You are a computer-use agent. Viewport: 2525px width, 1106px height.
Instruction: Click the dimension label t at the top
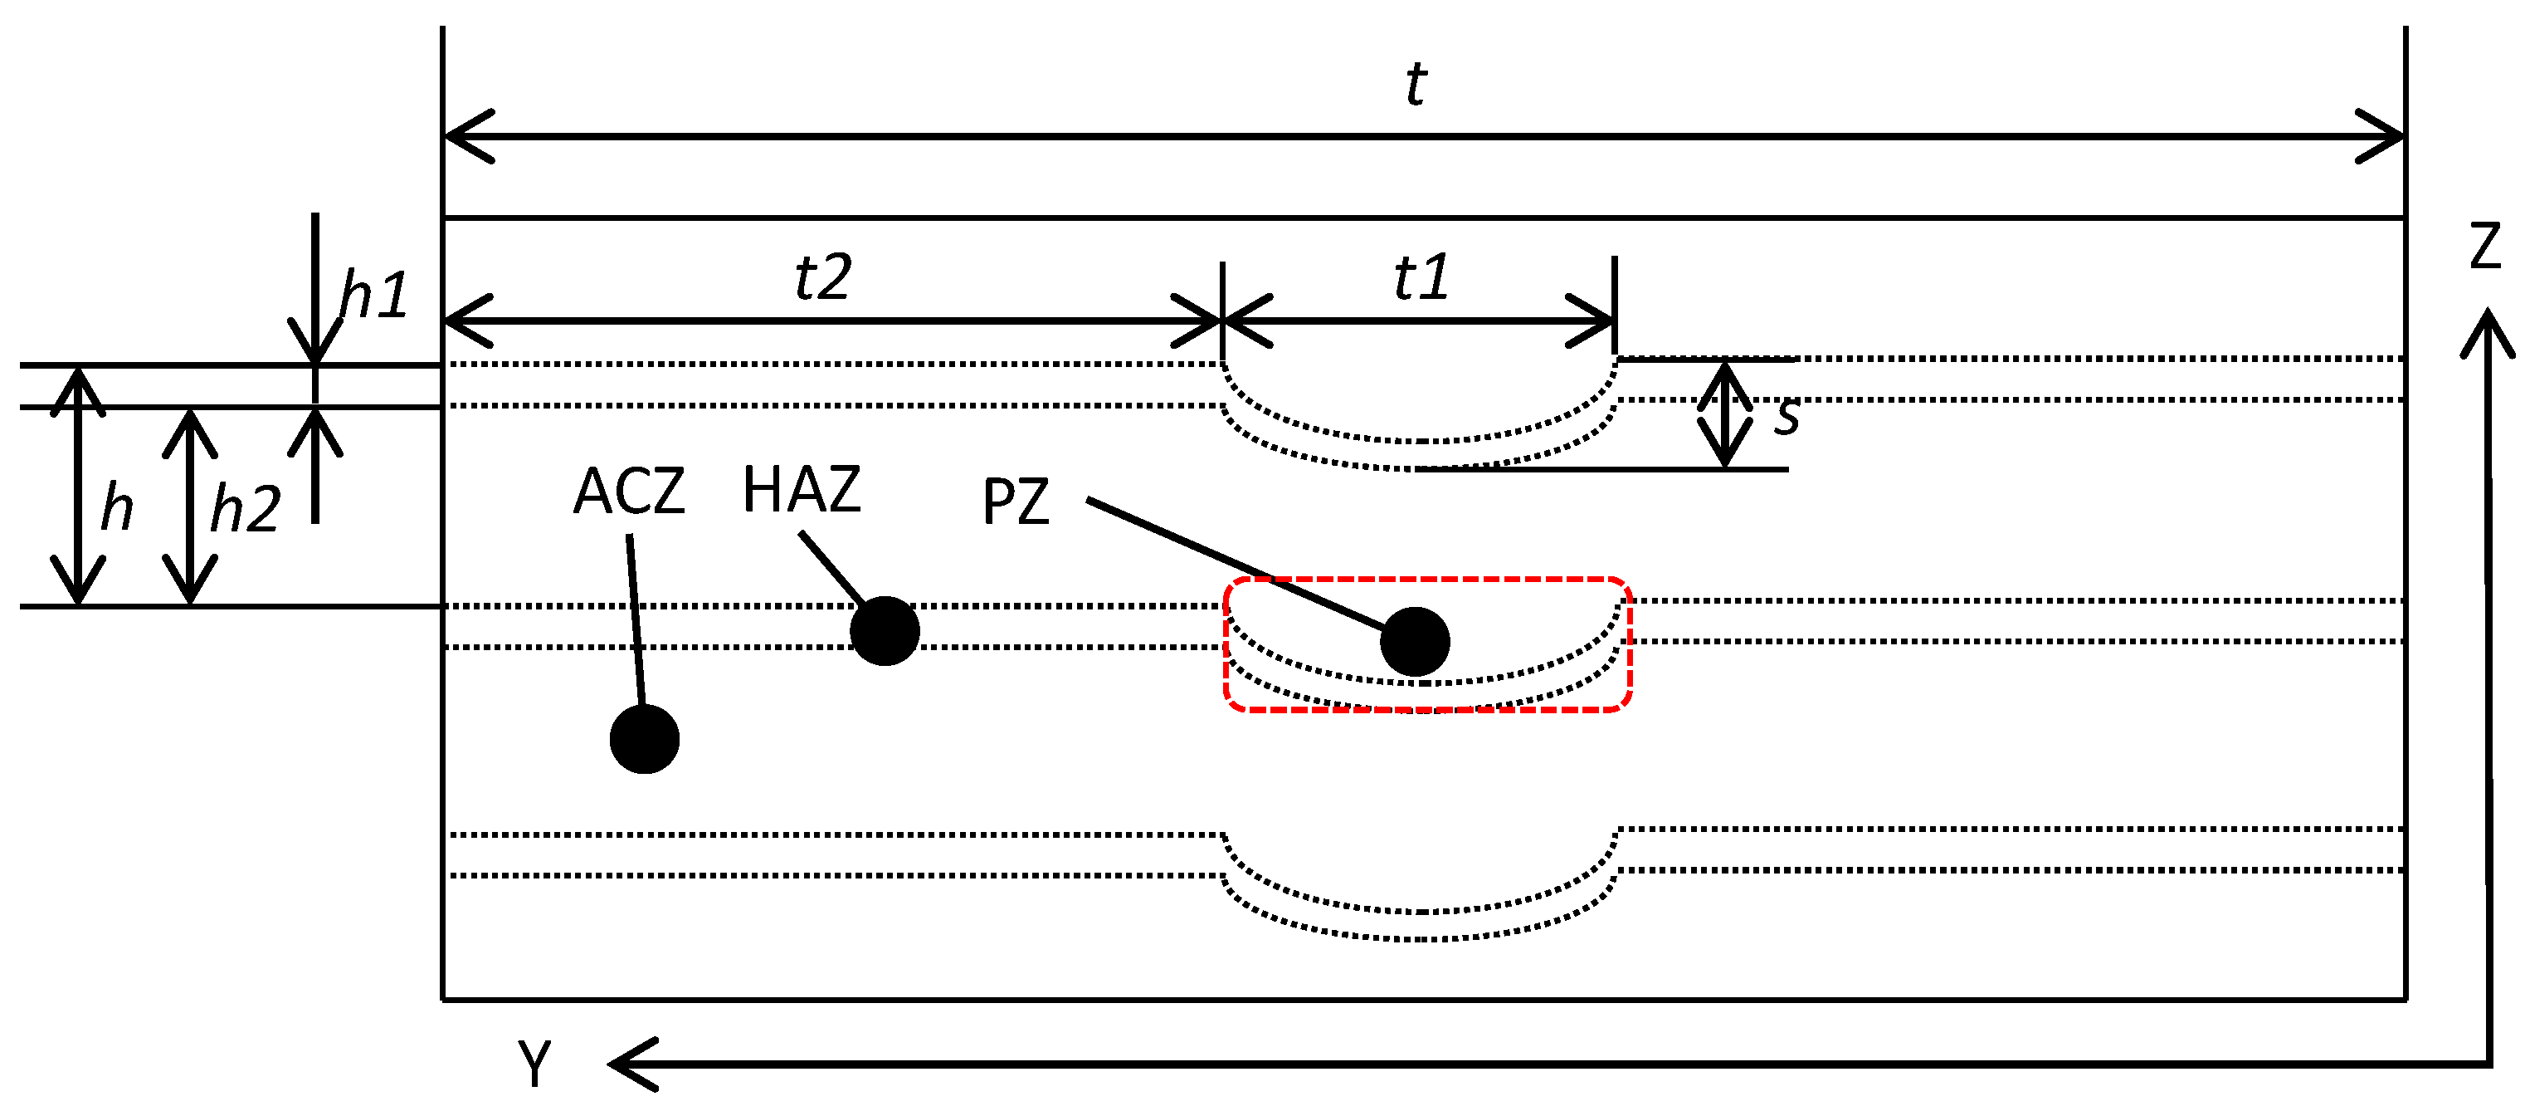pos(1416,85)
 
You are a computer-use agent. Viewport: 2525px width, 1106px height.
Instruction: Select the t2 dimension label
pos(822,277)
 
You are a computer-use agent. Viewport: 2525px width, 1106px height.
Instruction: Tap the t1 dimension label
pos(1421,277)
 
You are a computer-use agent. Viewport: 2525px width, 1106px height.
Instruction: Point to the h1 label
pos(373,294)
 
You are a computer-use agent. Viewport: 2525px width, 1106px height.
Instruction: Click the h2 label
pos(245,509)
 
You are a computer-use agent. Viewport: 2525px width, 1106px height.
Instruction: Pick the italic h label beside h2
pos(117,508)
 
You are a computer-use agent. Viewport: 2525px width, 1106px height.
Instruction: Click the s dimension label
pos(1786,417)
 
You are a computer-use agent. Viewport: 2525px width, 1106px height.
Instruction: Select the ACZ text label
pos(629,492)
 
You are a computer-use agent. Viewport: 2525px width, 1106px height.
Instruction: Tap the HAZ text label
pos(802,489)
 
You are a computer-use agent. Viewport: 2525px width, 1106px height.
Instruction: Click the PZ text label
pos(1016,502)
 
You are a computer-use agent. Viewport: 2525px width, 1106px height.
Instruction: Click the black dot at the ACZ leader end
pos(644,739)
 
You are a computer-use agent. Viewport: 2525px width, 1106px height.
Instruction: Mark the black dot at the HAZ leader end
pos(885,631)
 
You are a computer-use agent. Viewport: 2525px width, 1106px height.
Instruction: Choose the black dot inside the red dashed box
pos(1415,641)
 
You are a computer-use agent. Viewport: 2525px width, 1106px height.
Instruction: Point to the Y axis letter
pos(535,1063)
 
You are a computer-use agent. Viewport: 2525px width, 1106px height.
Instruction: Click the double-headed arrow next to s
pos(1724,414)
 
